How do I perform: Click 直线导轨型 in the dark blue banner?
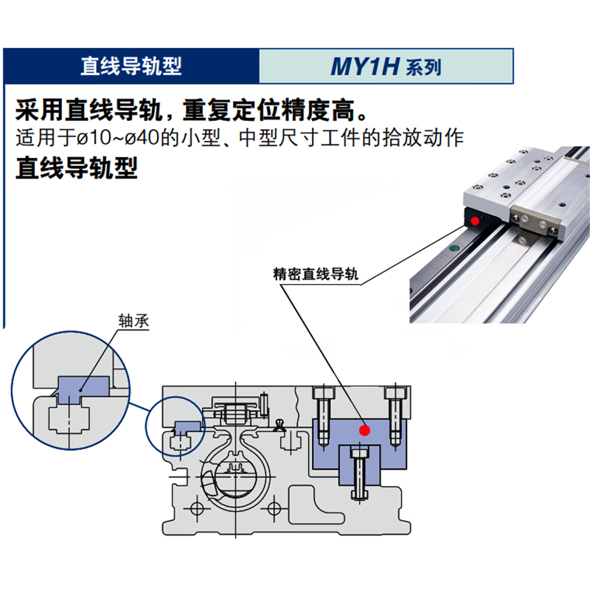coord(131,66)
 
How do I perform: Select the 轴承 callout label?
coord(133,322)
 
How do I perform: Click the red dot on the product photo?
coord(476,220)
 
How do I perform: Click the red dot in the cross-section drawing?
coord(362,429)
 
